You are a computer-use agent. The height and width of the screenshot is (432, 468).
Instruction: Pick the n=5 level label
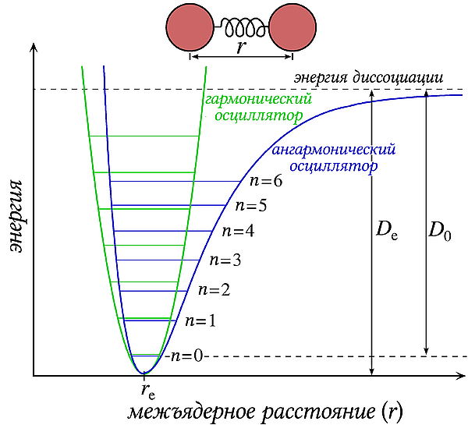pos(250,206)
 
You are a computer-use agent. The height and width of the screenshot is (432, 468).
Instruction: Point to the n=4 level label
pos(238,231)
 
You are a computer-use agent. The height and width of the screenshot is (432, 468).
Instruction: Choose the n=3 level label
pos(225,260)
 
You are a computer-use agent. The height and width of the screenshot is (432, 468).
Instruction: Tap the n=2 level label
pos(214,290)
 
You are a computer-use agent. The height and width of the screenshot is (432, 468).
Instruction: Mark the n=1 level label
pos(200,320)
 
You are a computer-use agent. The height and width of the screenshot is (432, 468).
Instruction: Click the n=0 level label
pos(186,356)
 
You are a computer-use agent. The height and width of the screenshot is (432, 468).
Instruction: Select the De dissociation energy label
pos(387,229)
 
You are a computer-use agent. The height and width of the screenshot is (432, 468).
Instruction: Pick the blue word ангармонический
pos(333,150)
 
